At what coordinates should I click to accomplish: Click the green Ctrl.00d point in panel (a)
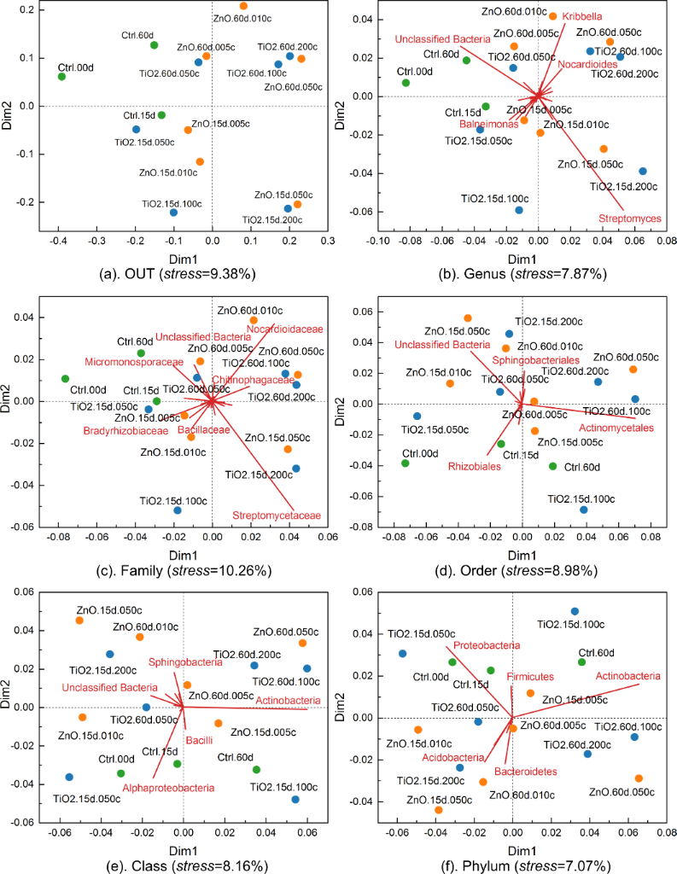(x=61, y=77)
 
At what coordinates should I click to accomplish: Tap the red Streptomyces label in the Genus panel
(x=630, y=218)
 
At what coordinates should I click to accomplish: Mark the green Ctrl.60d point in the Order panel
(x=553, y=466)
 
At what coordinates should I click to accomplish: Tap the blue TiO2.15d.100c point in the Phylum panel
(x=575, y=611)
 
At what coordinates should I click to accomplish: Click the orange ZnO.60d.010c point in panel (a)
(x=243, y=6)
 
